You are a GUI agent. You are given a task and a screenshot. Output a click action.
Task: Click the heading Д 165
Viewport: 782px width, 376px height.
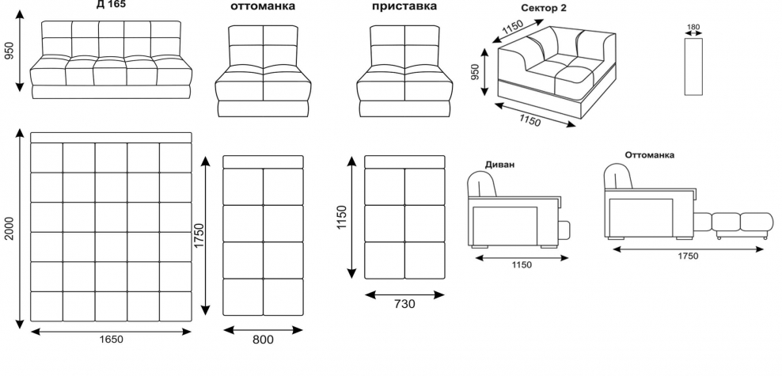(110, 4)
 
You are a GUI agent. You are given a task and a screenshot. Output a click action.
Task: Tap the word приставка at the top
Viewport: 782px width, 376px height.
(404, 6)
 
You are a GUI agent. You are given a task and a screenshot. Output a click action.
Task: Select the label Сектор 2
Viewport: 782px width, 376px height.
(544, 7)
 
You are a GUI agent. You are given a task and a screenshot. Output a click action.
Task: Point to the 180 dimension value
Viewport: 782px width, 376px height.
(693, 27)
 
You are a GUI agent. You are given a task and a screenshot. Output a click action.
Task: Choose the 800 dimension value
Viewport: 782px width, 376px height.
(263, 340)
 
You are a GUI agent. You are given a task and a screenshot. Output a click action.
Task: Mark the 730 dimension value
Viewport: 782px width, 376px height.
(404, 303)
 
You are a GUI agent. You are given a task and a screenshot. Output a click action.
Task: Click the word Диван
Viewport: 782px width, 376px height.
(499, 165)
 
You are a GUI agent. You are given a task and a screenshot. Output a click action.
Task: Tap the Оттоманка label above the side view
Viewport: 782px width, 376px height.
(649, 155)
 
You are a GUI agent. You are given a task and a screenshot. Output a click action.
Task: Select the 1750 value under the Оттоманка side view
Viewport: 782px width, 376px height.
(688, 256)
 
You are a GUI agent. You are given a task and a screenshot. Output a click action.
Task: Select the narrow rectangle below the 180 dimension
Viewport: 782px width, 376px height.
(693, 66)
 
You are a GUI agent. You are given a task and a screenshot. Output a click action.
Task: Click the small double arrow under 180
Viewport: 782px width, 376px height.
(693, 34)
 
